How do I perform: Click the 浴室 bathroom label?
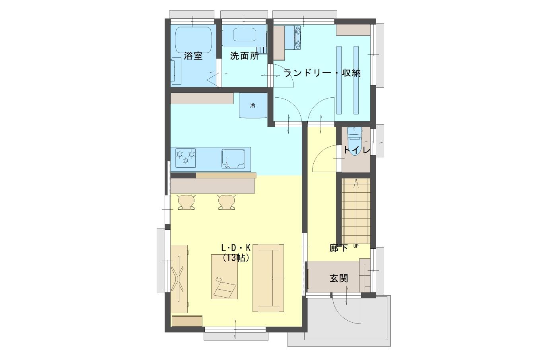pyautogui.click(x=193, y=56)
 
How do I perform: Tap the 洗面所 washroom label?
pyautogui.click(x=244, y=56)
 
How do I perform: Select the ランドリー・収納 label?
pyautogui.click(x=322, y=73)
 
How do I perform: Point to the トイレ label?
pyautogui.click(x=356, y=150)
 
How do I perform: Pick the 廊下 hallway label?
pyautogui.click(x=338, y=248)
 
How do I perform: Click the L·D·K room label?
pyautogui.click(x=236, y=248)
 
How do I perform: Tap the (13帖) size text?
pyautogui.click(x=236, y=257)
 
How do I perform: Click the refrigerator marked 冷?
pyautogui.click(x=253, y=106)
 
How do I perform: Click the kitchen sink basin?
pyautogui.click(x=233, y=159)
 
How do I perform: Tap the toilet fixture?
pyautogui.click(x=355, y=141)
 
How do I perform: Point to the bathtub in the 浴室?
pyautogui.click(x=194, y=39)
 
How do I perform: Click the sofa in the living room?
pyautogui.click(x=268, y=278)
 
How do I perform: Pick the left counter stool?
pyautogui.click(x=187, y=202)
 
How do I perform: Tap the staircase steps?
pyautogui.click(x=356, y=211)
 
